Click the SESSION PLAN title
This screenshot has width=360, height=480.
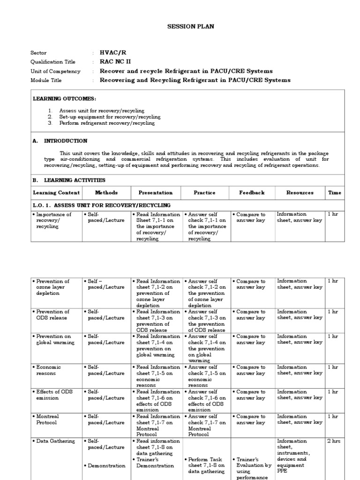190,27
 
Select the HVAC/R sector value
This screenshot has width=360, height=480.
113,53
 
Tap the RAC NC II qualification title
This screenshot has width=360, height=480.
115,62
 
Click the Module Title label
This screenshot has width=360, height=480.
46,80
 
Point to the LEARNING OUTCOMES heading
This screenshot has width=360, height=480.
64,99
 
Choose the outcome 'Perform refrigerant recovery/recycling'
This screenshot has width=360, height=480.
107,123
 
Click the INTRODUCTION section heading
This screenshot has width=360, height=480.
65,141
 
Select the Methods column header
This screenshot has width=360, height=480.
106,193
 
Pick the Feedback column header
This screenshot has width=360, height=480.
252,193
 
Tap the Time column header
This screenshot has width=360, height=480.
335,193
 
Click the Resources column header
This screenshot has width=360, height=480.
300,193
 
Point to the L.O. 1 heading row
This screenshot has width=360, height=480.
101,205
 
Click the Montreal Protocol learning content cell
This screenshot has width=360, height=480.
49,420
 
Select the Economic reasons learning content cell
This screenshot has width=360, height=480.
48,370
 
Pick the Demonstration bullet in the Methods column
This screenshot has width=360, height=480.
106,465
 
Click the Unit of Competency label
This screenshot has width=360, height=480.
55,71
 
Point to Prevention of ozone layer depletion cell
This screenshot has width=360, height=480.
52,287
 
